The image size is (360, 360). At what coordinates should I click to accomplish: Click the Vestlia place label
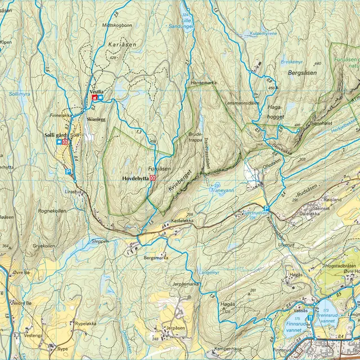click(96, 91)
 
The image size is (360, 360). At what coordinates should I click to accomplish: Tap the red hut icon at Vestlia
click(94, 98)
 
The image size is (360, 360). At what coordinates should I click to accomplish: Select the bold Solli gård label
click(56, 135)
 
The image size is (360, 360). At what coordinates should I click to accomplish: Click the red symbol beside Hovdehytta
click(152, 178)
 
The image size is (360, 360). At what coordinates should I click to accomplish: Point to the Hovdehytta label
click(135, 178)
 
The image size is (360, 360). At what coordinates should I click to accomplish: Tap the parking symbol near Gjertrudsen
click(267, 209)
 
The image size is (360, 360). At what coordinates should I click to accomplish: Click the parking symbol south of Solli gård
click(68, 172)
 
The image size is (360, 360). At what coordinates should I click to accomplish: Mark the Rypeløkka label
click(78, 324)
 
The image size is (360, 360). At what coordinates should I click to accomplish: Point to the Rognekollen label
click(52, 211)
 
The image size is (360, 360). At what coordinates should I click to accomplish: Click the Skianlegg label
click(96, 119)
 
